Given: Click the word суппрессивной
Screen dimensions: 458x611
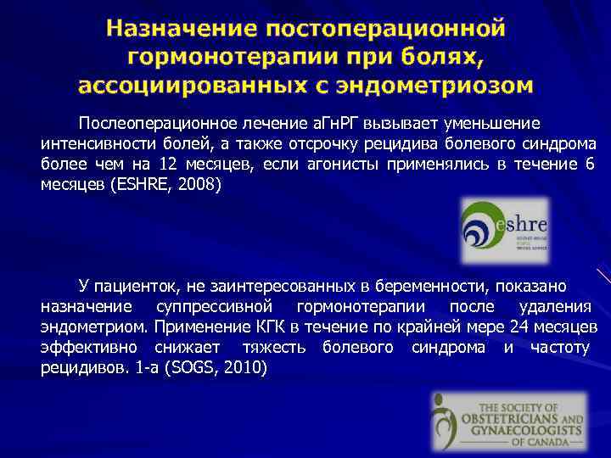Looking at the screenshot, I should [x=226, y=306].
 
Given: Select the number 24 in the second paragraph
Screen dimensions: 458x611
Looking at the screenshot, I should [x=522, y=327].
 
